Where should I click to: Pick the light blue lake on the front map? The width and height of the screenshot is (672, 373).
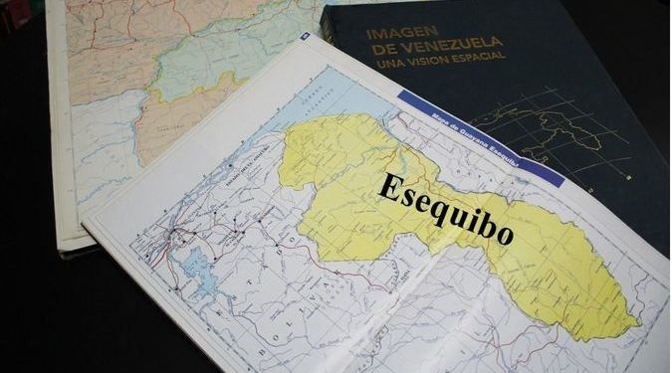coord(198,266)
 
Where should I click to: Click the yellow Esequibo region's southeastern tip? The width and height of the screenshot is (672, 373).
coord(624,328)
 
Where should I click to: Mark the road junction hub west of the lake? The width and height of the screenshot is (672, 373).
coord(176,236)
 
